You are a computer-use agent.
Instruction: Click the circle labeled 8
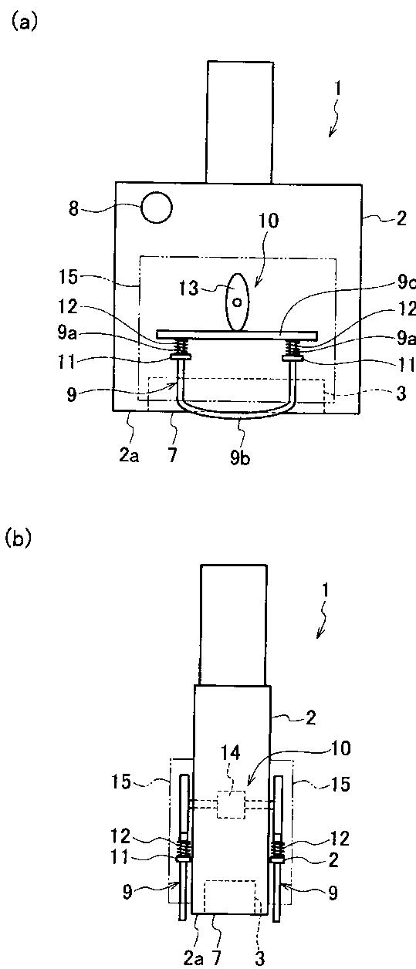pyautogui.click(x=156, y=208)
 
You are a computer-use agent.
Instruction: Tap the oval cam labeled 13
pyautogui.click(x=237, y=302)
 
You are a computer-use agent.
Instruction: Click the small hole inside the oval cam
pyautogui.click(x=237, y=302)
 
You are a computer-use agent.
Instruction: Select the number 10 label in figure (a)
pyautogui.click(x=269, y=221)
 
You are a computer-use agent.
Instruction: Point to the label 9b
pyautogui.click(x=240, y=457)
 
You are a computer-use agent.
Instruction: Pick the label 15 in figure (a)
pyautogui.click(x=68, y=277)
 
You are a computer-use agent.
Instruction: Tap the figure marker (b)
pyautogui.click(x=19, y=539)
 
